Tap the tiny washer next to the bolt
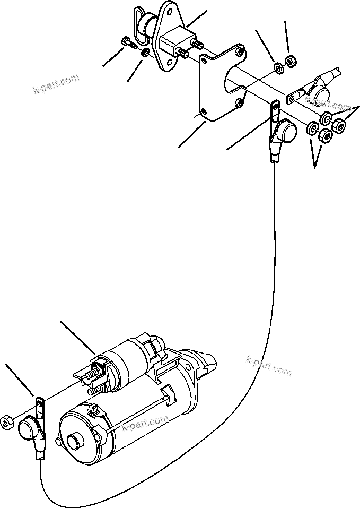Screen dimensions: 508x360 point(145,53)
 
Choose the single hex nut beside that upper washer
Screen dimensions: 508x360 point(291,61)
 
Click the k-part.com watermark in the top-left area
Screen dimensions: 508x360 point(55,84)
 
